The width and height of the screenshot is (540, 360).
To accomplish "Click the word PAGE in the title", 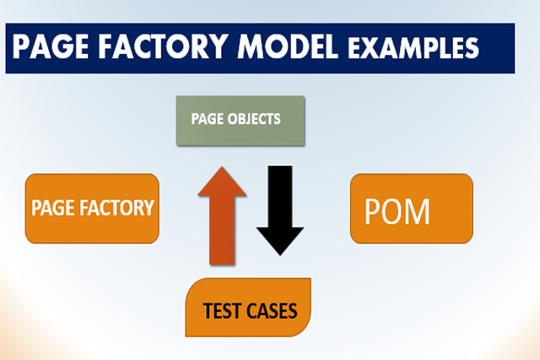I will [51, 48].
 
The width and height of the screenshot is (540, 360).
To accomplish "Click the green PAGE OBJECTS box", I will [239, 120].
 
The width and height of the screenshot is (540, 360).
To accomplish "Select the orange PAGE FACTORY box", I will [92, 208].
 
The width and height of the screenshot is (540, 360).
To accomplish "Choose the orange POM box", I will [411, 208].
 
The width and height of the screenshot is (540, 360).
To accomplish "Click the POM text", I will [397, 211].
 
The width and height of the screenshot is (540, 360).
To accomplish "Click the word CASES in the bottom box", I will [271, 310].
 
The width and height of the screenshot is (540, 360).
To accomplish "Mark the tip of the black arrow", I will [279, 254].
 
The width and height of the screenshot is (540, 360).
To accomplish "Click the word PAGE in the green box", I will [207, 119].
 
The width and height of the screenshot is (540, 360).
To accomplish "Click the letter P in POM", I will [373, 211].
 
